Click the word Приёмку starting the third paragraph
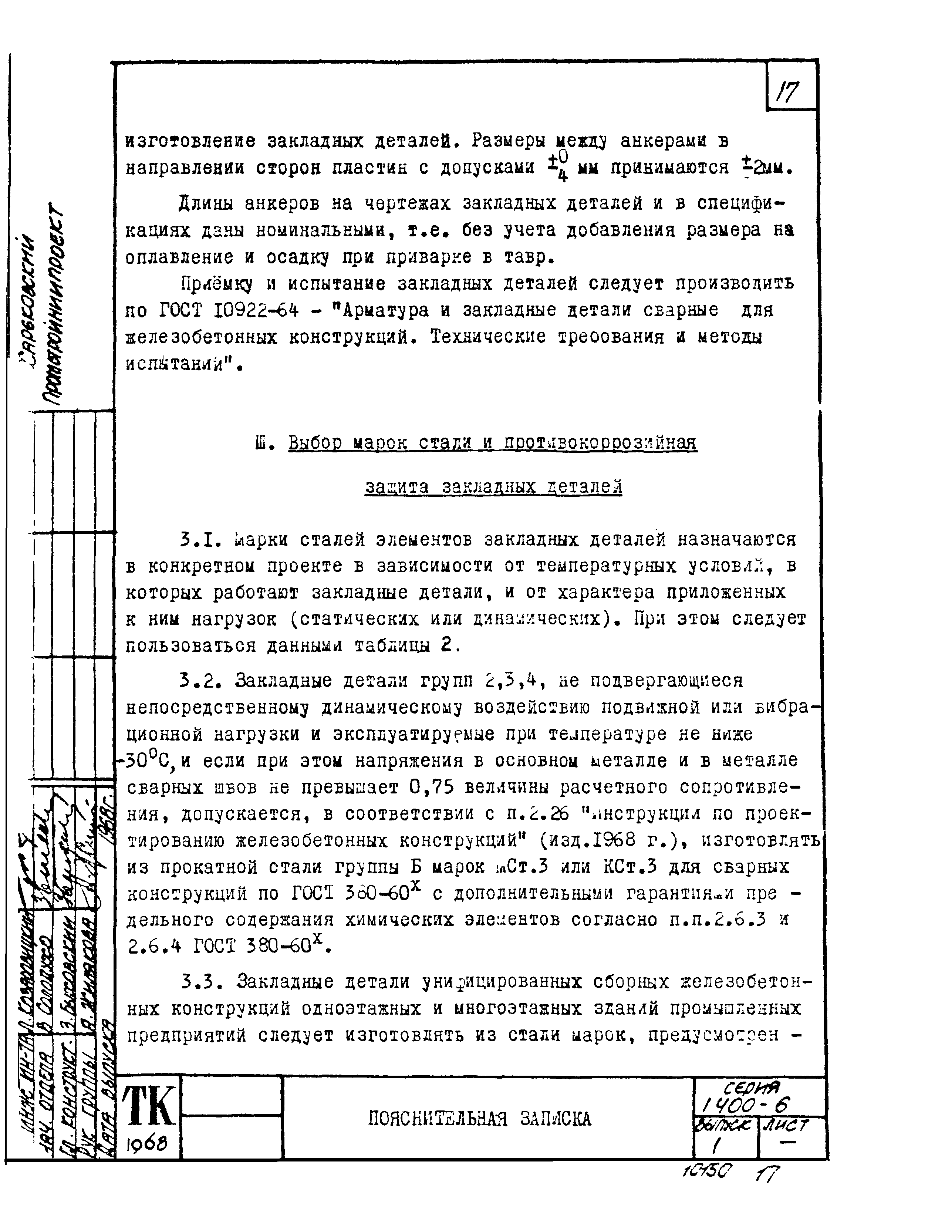[216, 284]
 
